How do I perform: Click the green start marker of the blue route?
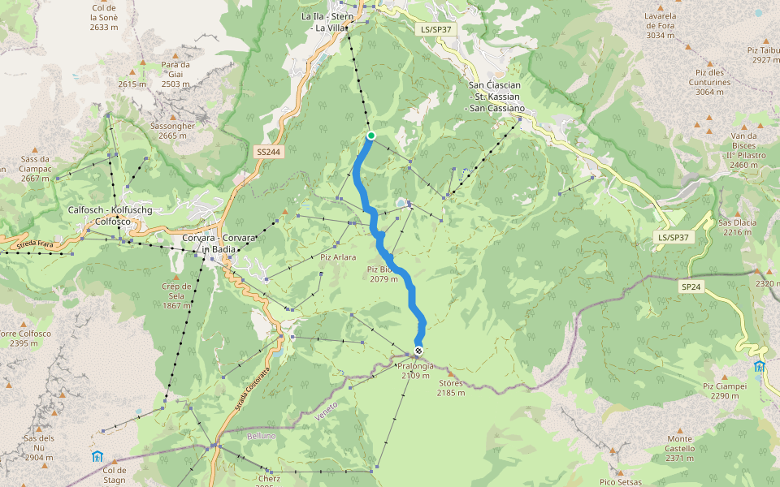(x=370, y=136)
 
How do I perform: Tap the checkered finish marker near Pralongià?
(x=418, y=351)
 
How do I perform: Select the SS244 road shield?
(x=268, y=152)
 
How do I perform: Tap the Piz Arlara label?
(x=338, y=257)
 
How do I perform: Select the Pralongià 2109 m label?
(x=416, y=371)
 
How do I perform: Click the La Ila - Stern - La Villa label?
(x=328, y=22)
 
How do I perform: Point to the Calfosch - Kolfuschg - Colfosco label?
(x=110, y=215)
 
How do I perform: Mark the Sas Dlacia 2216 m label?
(x=737, y=227)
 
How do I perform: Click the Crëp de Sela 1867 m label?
(x=176, y=295)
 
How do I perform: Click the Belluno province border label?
(x=262, y=436)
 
